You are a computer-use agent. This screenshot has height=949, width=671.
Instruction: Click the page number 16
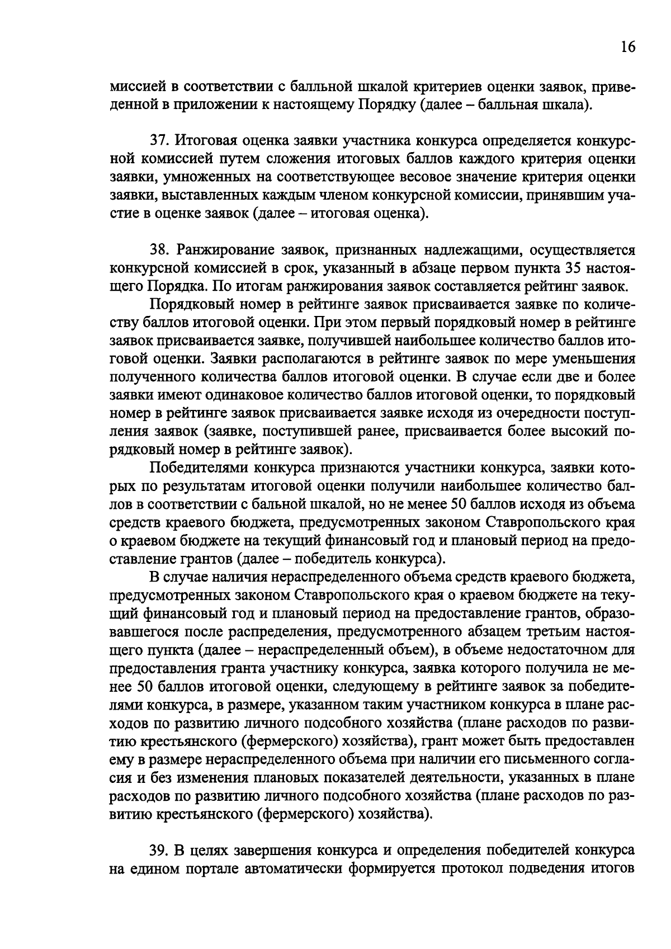(628, 46)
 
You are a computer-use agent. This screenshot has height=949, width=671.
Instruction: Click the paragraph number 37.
(157, 140)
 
